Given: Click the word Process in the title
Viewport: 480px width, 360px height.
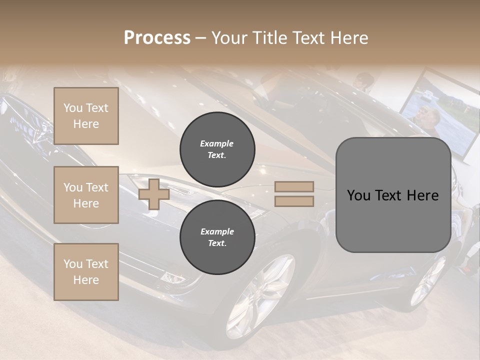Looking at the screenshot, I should pos(157,38).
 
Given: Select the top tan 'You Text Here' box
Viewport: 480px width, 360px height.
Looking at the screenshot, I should pos(86,116).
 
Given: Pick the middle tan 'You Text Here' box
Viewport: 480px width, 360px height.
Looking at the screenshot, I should pos(86,195).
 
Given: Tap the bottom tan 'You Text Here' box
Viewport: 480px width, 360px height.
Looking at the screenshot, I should pos(86,272).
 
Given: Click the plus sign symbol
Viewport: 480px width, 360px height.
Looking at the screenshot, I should pos(154,194).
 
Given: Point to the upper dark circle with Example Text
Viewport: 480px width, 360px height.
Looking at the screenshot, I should pos(217,149).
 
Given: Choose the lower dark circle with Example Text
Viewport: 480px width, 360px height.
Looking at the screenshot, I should pos(217,237).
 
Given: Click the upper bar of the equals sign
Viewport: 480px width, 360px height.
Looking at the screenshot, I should pos(294,186).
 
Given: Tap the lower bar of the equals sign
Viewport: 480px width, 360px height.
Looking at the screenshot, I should pos(294,201).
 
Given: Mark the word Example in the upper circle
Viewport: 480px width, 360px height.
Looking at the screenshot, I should pos(217,143).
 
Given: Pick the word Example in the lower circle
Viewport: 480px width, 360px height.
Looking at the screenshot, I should pos(217,231).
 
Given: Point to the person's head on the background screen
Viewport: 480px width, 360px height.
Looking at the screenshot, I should pos(430,116).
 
